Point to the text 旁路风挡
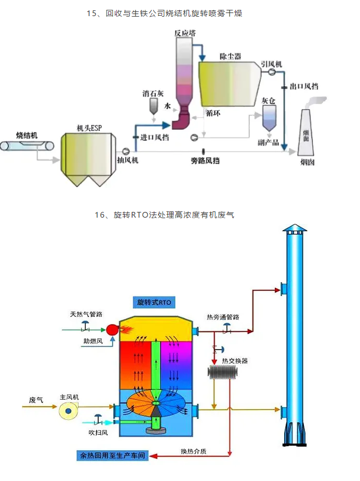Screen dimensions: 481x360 point(205,161)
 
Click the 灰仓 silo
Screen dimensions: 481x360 point(269,117)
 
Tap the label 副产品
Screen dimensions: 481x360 point(269,142)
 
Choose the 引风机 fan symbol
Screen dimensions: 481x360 point(272,73)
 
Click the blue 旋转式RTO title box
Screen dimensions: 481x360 point(154,302)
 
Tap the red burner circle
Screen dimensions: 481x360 point(112,329)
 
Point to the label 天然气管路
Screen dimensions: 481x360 point(86,314)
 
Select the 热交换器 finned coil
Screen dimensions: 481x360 point(222,372)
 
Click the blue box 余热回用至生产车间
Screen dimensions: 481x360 point(111,456)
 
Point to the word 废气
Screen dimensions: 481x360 point(36,399)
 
